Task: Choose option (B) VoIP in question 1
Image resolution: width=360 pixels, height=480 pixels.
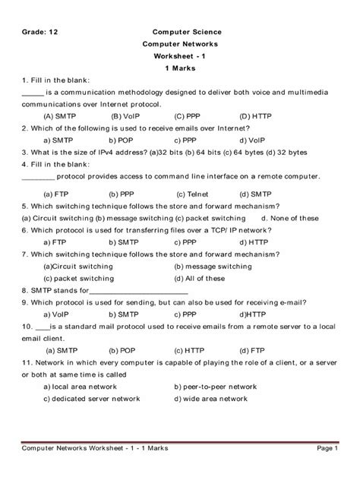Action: click(126, 116)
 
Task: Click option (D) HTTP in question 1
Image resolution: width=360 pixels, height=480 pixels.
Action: click(256, 116)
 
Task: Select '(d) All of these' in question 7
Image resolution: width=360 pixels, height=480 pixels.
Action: click(199, 278)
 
